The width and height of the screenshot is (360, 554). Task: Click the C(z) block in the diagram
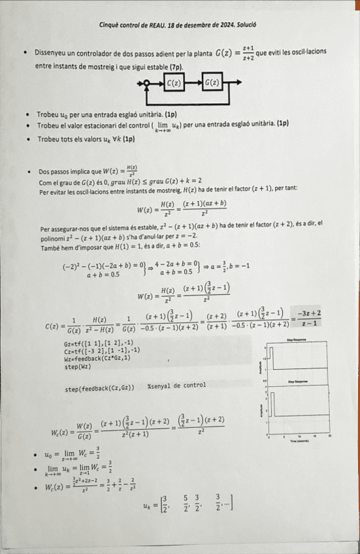tap(174, 83)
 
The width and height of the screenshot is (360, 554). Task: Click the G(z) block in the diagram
tap(212, 83)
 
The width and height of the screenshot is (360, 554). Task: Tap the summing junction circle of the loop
tap(148, 83)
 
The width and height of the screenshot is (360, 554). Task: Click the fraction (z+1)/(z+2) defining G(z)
tap(248, 52)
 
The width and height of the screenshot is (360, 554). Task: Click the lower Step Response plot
tap(297, 406)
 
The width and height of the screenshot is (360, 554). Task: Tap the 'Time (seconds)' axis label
tap(297, 442)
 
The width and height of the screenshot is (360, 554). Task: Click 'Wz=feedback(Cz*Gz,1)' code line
tap(97, 358)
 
